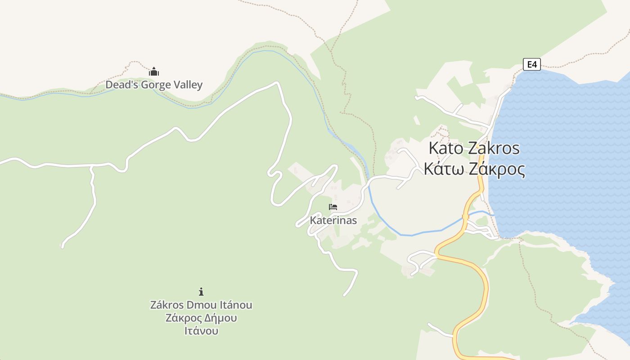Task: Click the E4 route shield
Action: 532,64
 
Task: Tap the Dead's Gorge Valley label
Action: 154,85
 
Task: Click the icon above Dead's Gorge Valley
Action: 154,72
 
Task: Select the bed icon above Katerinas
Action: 333,207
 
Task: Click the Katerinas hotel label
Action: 333,220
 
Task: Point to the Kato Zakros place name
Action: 474,148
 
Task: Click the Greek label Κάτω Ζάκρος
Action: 474,169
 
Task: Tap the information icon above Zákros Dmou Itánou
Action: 201,292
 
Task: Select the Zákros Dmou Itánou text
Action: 201,305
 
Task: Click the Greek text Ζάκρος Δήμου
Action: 201,318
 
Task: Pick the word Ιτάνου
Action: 201,331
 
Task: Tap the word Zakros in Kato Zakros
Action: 494,148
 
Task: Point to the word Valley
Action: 189,85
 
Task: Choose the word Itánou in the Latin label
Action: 234,305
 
